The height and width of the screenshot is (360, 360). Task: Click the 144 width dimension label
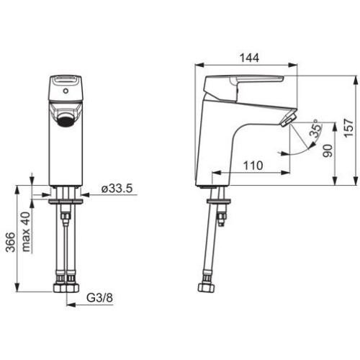(250, 58)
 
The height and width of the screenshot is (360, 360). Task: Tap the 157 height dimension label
(348, 127)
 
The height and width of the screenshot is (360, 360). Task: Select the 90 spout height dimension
(328, 150)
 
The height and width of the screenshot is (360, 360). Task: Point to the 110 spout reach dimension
(253, 166)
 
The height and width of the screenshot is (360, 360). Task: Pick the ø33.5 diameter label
(117, 188)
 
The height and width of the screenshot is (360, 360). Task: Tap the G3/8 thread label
(99, 298)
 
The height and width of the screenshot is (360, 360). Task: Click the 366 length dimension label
(10, 242)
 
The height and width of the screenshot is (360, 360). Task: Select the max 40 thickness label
(26, 232)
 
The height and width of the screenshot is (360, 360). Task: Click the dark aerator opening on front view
(66, 120)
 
